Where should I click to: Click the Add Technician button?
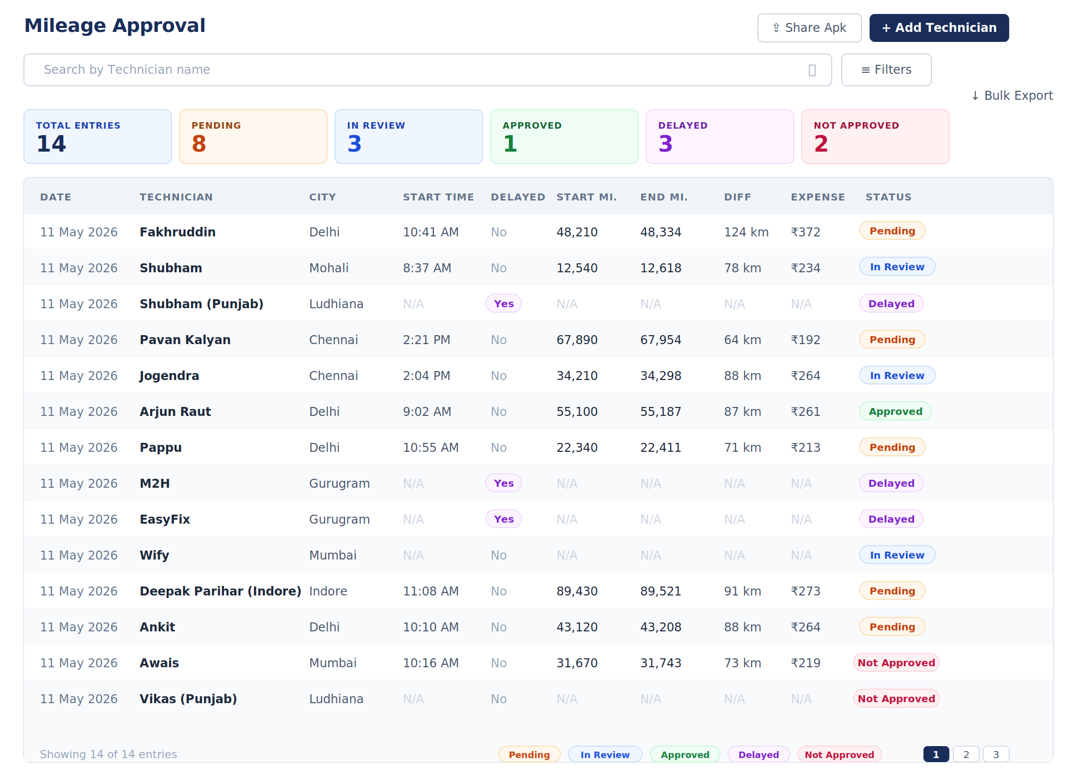(x=939, y=28)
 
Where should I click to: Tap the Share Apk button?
(x=809, y=28)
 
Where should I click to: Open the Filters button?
(x=886, y=70)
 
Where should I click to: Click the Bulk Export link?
(x=1012, y=95)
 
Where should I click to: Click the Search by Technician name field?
(x=427, y=70)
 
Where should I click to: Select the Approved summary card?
(x=564, y=137)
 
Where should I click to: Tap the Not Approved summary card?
(x=875, y=137)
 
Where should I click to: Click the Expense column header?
(x=818, y=197)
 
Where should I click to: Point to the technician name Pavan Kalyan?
(x=185, y=340)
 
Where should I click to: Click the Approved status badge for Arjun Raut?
(x=895, y=411)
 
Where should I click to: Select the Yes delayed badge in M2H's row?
(x=504, y=483)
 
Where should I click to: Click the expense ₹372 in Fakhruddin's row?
(x=805, y=232)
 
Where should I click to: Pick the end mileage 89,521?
(x=661, y=591)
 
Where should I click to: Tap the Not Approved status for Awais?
(x=896, y=663)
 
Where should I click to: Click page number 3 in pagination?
(x=996, y=755)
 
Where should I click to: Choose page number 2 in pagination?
(x=966, y=755)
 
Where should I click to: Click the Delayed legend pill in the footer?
(x=758, y=755)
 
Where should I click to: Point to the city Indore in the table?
(x=328, y=591)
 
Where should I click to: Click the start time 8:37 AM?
(x=427, y=268)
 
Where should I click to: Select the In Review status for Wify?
(x=897, y=555)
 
